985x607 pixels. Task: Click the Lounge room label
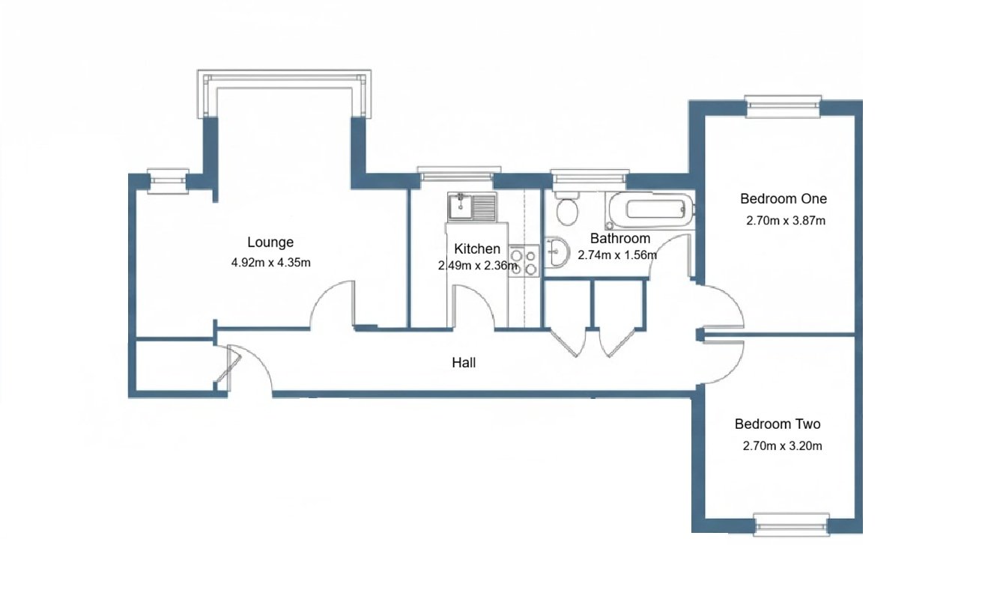coord(270,243)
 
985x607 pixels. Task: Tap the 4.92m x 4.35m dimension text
coord(271,263)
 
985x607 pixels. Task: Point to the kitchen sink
coord(472,207)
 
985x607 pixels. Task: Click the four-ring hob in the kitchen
coord(524,260)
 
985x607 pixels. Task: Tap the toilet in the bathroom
coord(567,209)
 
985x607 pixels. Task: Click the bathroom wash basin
coord(557,253)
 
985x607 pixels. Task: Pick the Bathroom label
coord(619,239)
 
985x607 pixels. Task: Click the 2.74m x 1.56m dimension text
coord(617,255)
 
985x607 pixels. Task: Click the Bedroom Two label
coord(778,424)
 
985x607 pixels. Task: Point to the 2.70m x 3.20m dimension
coord(782,447)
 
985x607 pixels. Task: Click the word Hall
coord(464,363)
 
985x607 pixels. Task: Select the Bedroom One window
coord(783,106)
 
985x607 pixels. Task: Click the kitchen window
coord(455,176)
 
